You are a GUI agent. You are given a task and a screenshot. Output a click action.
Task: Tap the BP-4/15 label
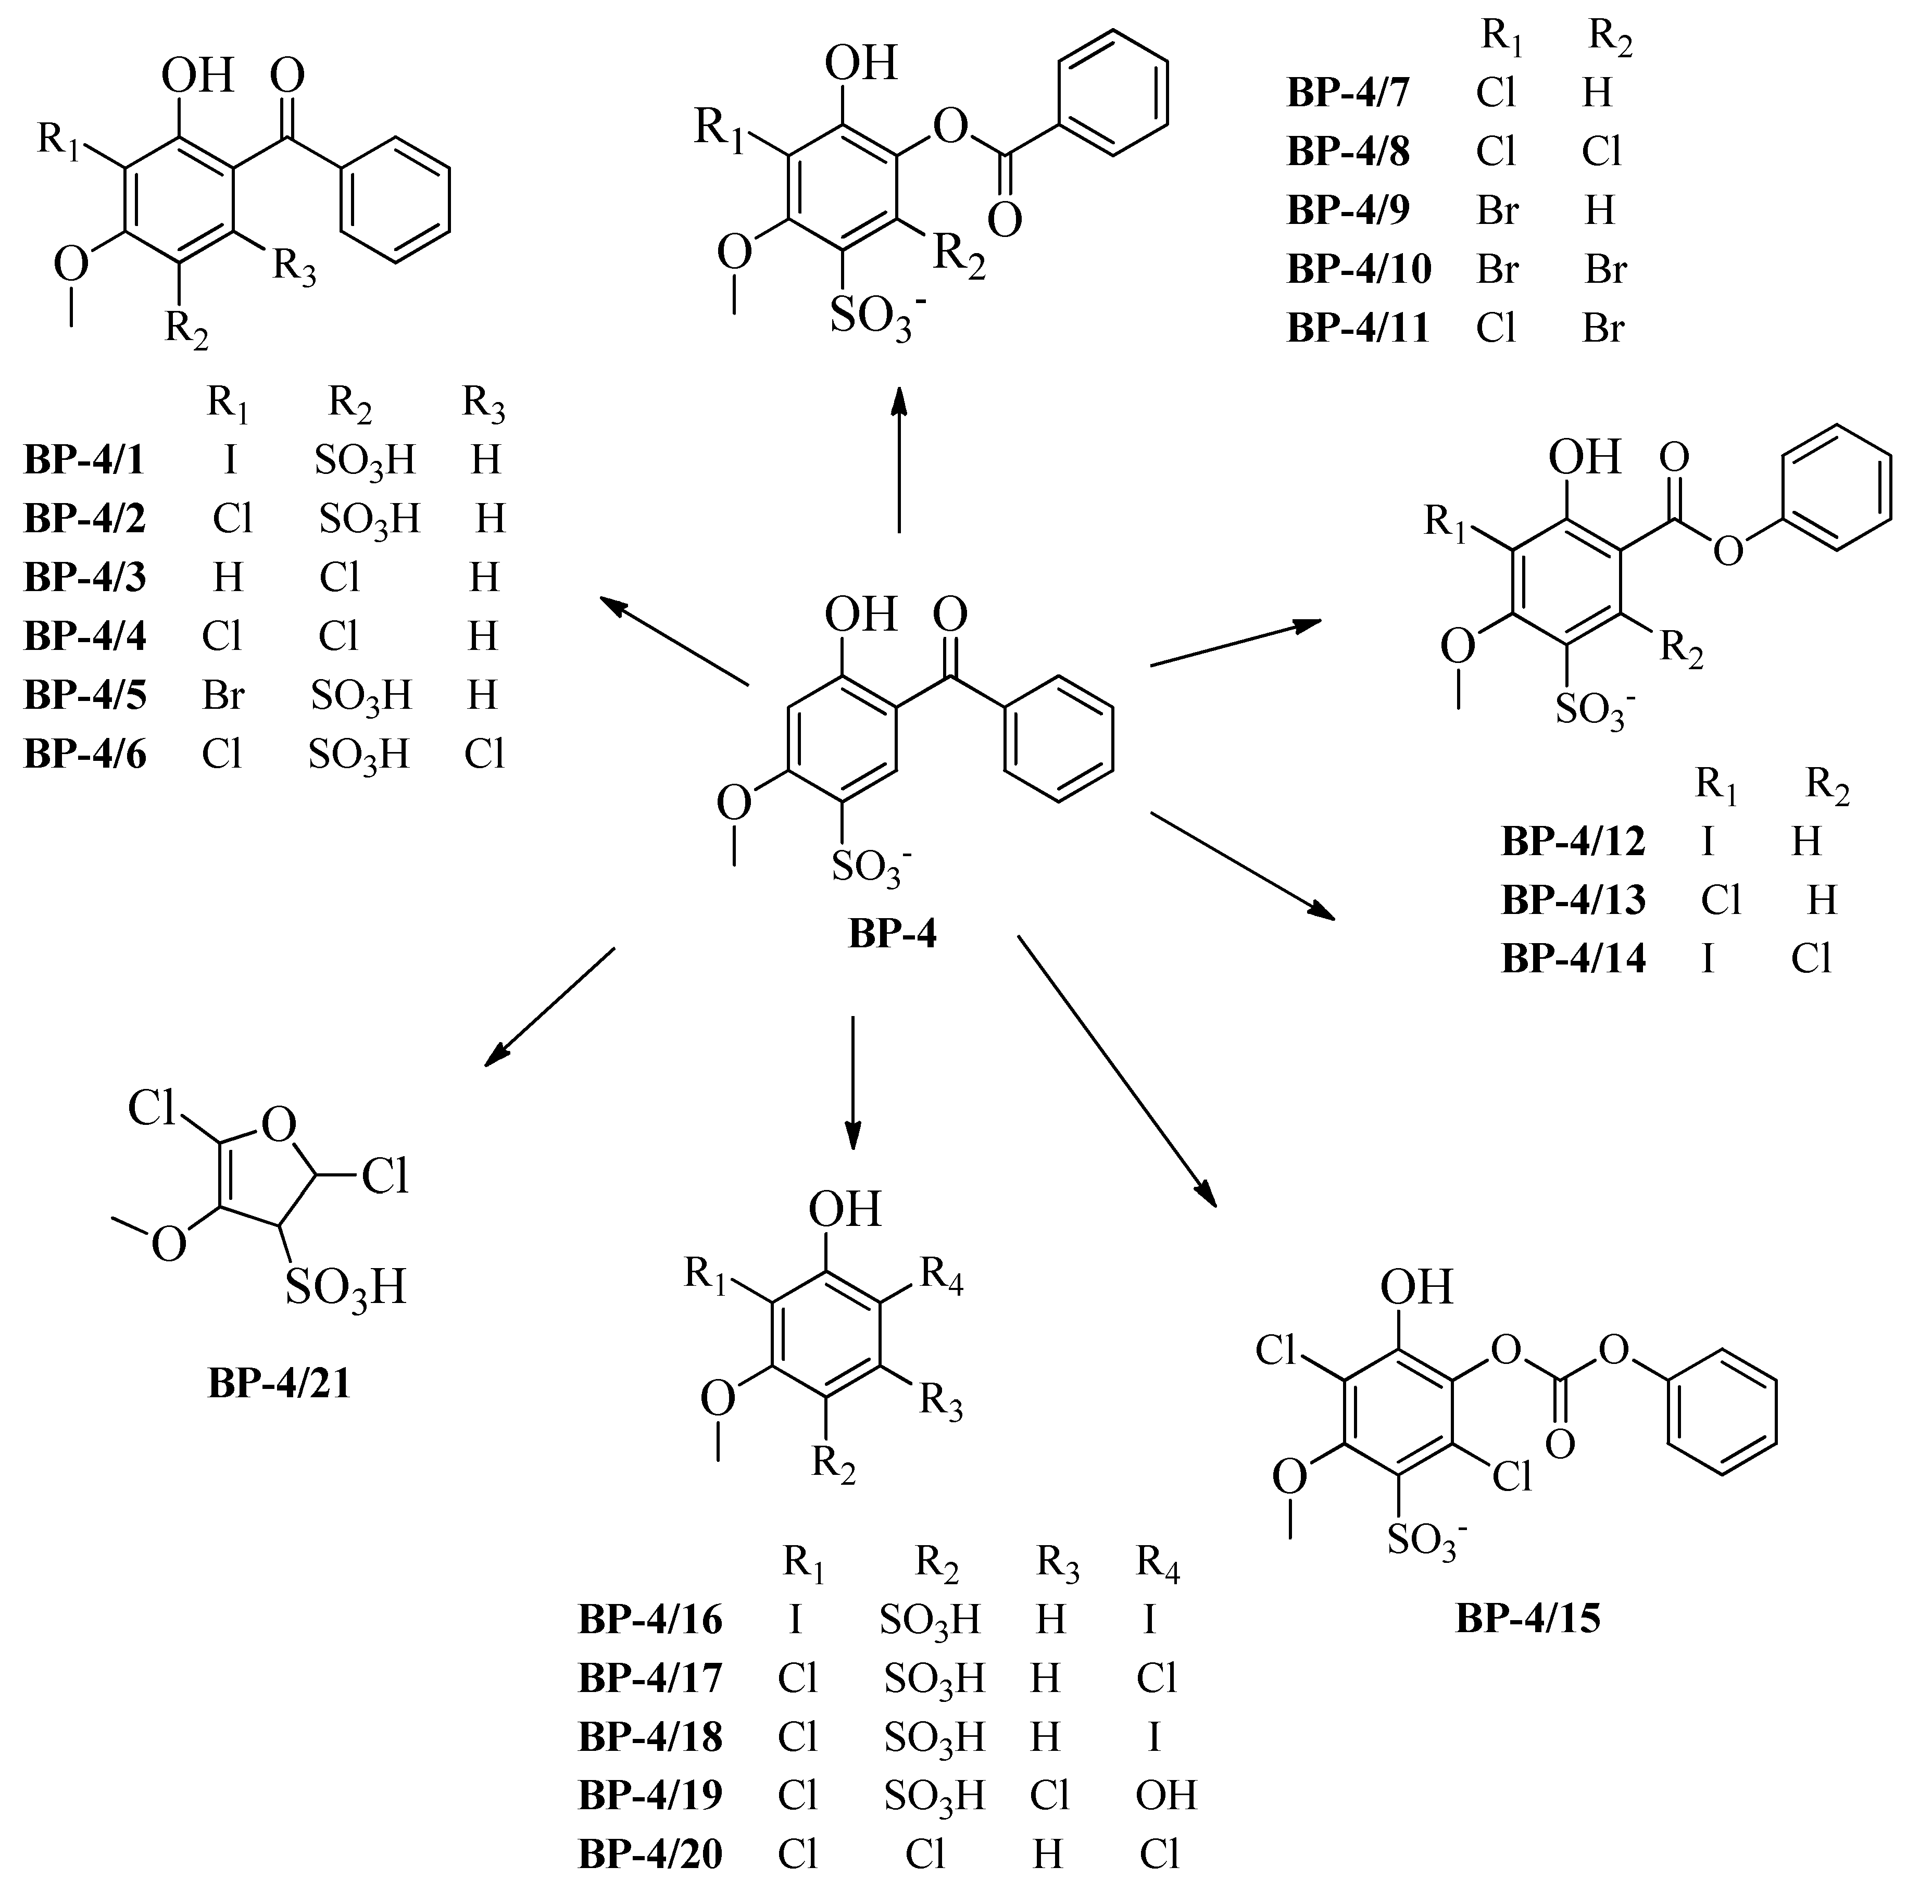(x=1527, y=1619)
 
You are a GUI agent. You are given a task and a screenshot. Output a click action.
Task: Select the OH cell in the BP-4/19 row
(x=1166, y=1794)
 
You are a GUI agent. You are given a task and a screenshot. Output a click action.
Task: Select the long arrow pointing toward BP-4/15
(x=1118, y=1071)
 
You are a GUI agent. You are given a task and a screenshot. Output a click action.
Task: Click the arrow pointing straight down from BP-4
(x=853, y=1083)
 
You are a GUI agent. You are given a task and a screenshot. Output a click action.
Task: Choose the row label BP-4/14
(x=1573, y=958)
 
